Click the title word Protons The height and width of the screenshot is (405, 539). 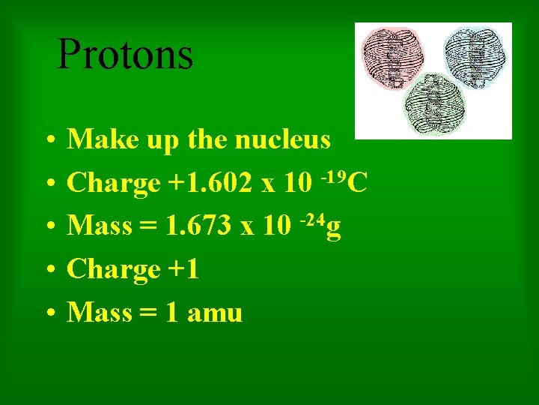[125, 54]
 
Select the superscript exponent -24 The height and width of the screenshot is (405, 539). [313, 220]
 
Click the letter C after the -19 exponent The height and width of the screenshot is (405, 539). [357, 183]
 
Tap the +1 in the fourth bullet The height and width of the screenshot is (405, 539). [183, 268]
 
